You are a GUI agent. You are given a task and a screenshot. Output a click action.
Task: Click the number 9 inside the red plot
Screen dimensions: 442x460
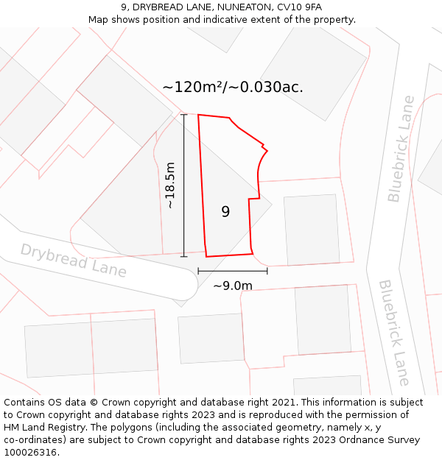tap(225, 212)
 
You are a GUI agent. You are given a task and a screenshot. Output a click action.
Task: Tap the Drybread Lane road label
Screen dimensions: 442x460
tap(73, 261)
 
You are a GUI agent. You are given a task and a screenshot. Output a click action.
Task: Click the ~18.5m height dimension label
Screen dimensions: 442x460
tap(170, 185)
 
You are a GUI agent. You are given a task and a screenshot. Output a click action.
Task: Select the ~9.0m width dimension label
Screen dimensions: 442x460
tap(233, 286)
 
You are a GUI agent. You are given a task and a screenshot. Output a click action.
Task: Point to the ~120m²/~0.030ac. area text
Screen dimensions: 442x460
tap(233, 87)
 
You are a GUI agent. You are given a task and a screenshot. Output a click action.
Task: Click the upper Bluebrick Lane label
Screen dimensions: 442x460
tap(401, 148)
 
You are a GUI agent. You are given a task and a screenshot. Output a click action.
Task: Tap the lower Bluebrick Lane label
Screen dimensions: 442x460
tap(393, 332)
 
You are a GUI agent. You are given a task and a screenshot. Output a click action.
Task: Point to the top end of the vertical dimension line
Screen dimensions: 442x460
tap(184, 115)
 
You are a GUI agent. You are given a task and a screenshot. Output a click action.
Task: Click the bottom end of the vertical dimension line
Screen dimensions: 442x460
tap(184, 256)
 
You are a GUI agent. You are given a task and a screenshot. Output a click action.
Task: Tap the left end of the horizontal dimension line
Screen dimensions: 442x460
tap(198, 271)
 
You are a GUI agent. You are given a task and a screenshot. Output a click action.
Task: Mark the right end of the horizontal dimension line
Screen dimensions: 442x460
tap(267, 271)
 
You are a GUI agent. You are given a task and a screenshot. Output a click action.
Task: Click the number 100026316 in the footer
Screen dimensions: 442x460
tap(29, 453)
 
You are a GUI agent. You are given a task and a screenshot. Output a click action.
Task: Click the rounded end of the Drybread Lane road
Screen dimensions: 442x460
tap(188, 283)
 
